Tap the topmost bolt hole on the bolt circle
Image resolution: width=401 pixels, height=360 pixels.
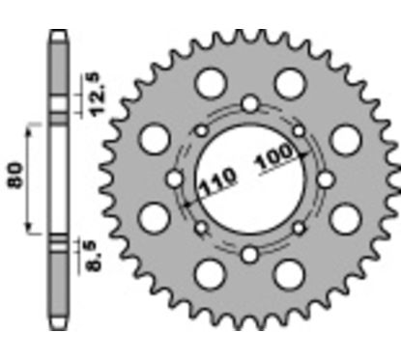pos(250,103)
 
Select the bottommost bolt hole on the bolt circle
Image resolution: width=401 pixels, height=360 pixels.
pos(250,255)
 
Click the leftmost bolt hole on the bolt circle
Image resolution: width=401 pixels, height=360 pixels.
pos(175,179)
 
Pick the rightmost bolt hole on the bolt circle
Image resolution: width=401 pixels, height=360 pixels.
pos(326,179)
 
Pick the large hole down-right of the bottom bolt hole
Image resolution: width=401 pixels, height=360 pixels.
pos(287,274)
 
